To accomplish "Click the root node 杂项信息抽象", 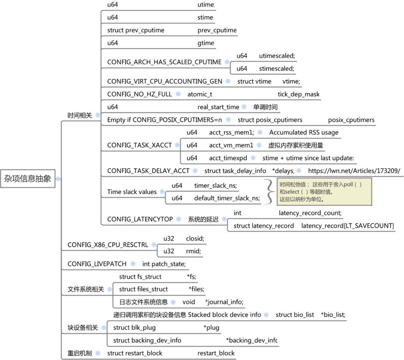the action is click(28, 179).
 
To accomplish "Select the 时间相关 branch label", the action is click(80, 115).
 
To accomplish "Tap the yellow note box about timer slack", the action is click(324, 192).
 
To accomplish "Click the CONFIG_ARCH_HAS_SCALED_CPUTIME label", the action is click(164, 62).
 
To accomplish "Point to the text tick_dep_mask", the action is click(299, 94).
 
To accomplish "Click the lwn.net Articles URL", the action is click(354, 171).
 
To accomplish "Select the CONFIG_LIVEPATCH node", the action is click(97, 264).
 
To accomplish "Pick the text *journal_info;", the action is click(224, 302).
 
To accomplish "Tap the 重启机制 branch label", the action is click(80, 353).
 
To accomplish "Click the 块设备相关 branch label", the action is click(83, 327).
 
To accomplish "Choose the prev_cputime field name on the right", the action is click(217, 30).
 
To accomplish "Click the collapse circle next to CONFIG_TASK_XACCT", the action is click(177, 145).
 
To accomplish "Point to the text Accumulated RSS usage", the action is click(304, 132).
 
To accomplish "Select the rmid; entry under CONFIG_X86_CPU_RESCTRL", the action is click(193, 251).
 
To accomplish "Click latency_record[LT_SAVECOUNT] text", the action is click(348, 226).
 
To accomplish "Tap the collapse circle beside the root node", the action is click(58, 179).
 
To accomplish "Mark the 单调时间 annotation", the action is click(265, 107).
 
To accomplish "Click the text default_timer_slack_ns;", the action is click(227, 198).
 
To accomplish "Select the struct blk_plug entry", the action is click(134, 327).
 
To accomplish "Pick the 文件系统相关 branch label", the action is click(86, 289).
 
